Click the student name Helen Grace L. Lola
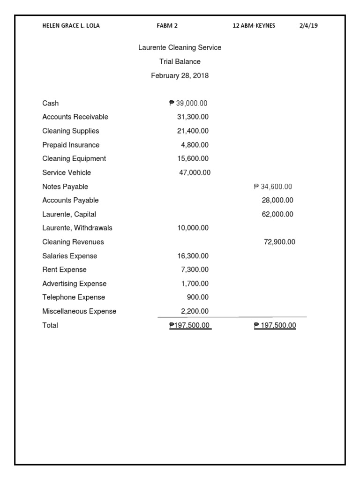(x=71, y=26)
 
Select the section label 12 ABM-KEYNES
(x=254, y=26)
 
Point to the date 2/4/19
(x=308, y=26)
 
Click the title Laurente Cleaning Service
(x=180, y=48)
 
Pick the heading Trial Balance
(x=180, y=61)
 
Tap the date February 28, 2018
(x=180, y=75)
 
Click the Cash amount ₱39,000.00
(x=188, y=103)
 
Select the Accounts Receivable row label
(x=75, y=117)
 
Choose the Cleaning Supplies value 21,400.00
(x=193, y=131)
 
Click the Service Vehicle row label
(x=67, y=172)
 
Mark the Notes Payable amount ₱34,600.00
(x=273, y=187)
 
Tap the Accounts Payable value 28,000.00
(x=277, y=200)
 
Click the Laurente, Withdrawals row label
(x=77, y=228)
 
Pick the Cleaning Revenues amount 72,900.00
(x=279, y=242)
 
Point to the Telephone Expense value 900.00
(x=198, y=297)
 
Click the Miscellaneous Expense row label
(x=79, y=311)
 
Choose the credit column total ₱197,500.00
(x=275, y=325)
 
